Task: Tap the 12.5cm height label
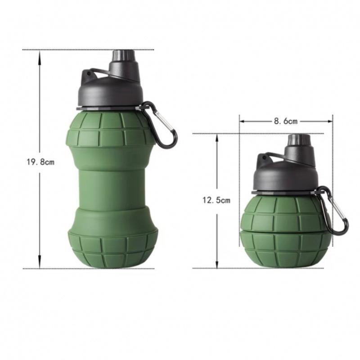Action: tap(216, 200)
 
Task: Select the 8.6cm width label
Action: tap(286, 121)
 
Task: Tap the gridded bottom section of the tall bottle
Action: tap(112, 247)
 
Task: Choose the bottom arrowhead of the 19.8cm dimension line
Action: tap(40, 265)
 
